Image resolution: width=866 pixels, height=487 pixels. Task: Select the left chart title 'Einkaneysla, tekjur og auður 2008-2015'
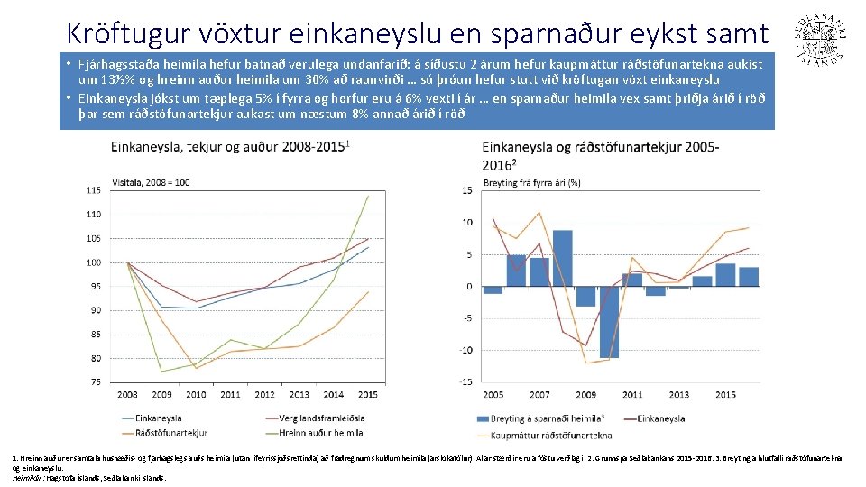click(x=230, y=146)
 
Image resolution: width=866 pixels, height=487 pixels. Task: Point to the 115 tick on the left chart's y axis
click(x=93, y=190)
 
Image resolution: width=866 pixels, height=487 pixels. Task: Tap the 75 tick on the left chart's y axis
click(x=94, y=382)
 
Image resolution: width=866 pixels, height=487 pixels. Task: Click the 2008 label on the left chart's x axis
click(x=127, y=395)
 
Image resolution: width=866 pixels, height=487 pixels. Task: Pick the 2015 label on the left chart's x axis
click(x=368, y=395)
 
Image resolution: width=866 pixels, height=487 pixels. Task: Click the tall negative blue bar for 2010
click(x=608, y=321)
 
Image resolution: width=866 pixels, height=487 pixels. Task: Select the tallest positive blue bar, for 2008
click(x=562, y=258)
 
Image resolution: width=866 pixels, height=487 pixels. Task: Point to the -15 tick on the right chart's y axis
click(x=465, y=382)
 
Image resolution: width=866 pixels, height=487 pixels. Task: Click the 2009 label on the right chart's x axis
click(x=585, y=395)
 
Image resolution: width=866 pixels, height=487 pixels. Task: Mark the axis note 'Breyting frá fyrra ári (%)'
click(x=532, y=182)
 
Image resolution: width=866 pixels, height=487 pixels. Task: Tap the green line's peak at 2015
click(x=368, y=196)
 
